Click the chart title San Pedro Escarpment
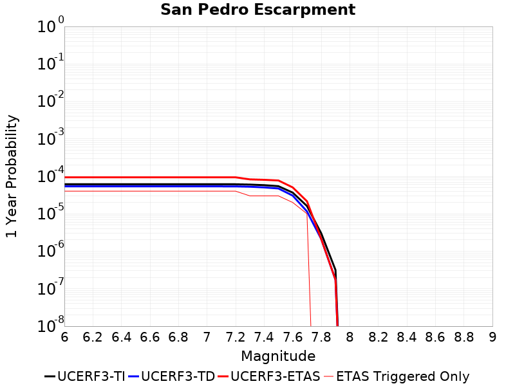coord(257,10)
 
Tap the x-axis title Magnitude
coord(278,356)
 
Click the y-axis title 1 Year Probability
coord(12,176)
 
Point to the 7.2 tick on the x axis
coord(236,337)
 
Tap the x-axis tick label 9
coord(492,337)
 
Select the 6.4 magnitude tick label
coord(122,337)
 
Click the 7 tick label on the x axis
coord(207,337)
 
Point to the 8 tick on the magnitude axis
coord(350,337)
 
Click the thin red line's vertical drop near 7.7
coord(310,270)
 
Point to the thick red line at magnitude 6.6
coord(150,178)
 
